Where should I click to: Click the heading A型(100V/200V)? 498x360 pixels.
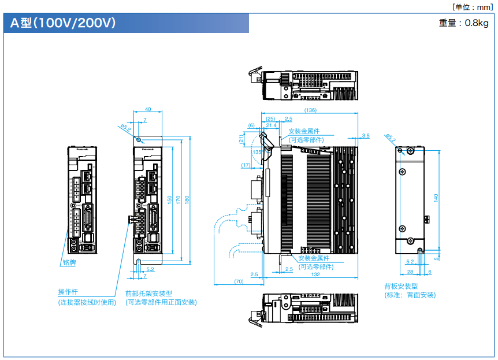pyautogui.click(x=63, y=24)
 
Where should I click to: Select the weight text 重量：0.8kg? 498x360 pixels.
pyautogui.click(x=463, y=23)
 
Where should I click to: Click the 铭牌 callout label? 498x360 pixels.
pyautogui.click(x=69, y=262)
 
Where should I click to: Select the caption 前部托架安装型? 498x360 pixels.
pyautogui.click(x=148, y=294)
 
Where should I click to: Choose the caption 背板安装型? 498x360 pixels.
pyautogui.click(x=400, y=286)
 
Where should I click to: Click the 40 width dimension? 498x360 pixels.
pyautogui.click(x=148, y=109)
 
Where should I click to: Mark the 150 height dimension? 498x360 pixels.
pyautogui.click(x=169, y=199)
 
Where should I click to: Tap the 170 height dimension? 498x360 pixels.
pyautogui.click(x=178, y=199)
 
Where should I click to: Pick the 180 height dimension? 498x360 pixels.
pyautogui.click(x=187, y=199)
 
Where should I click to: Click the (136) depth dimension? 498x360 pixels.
pyautogui.click(x=310, y=110)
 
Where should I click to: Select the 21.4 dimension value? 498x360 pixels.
pyautogui.click(x=271, y=125)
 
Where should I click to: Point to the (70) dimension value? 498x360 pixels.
pyautogui.click(x=238, y=281)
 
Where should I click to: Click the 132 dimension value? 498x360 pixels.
pyautogui.click(x=315, y=275)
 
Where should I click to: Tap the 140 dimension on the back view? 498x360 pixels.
pyautogui.click(x=436, y=197)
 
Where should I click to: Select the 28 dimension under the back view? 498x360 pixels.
pyautogui.click(x=410, y=271)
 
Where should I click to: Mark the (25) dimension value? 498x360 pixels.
pyautogui.click(x=270, y=118)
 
